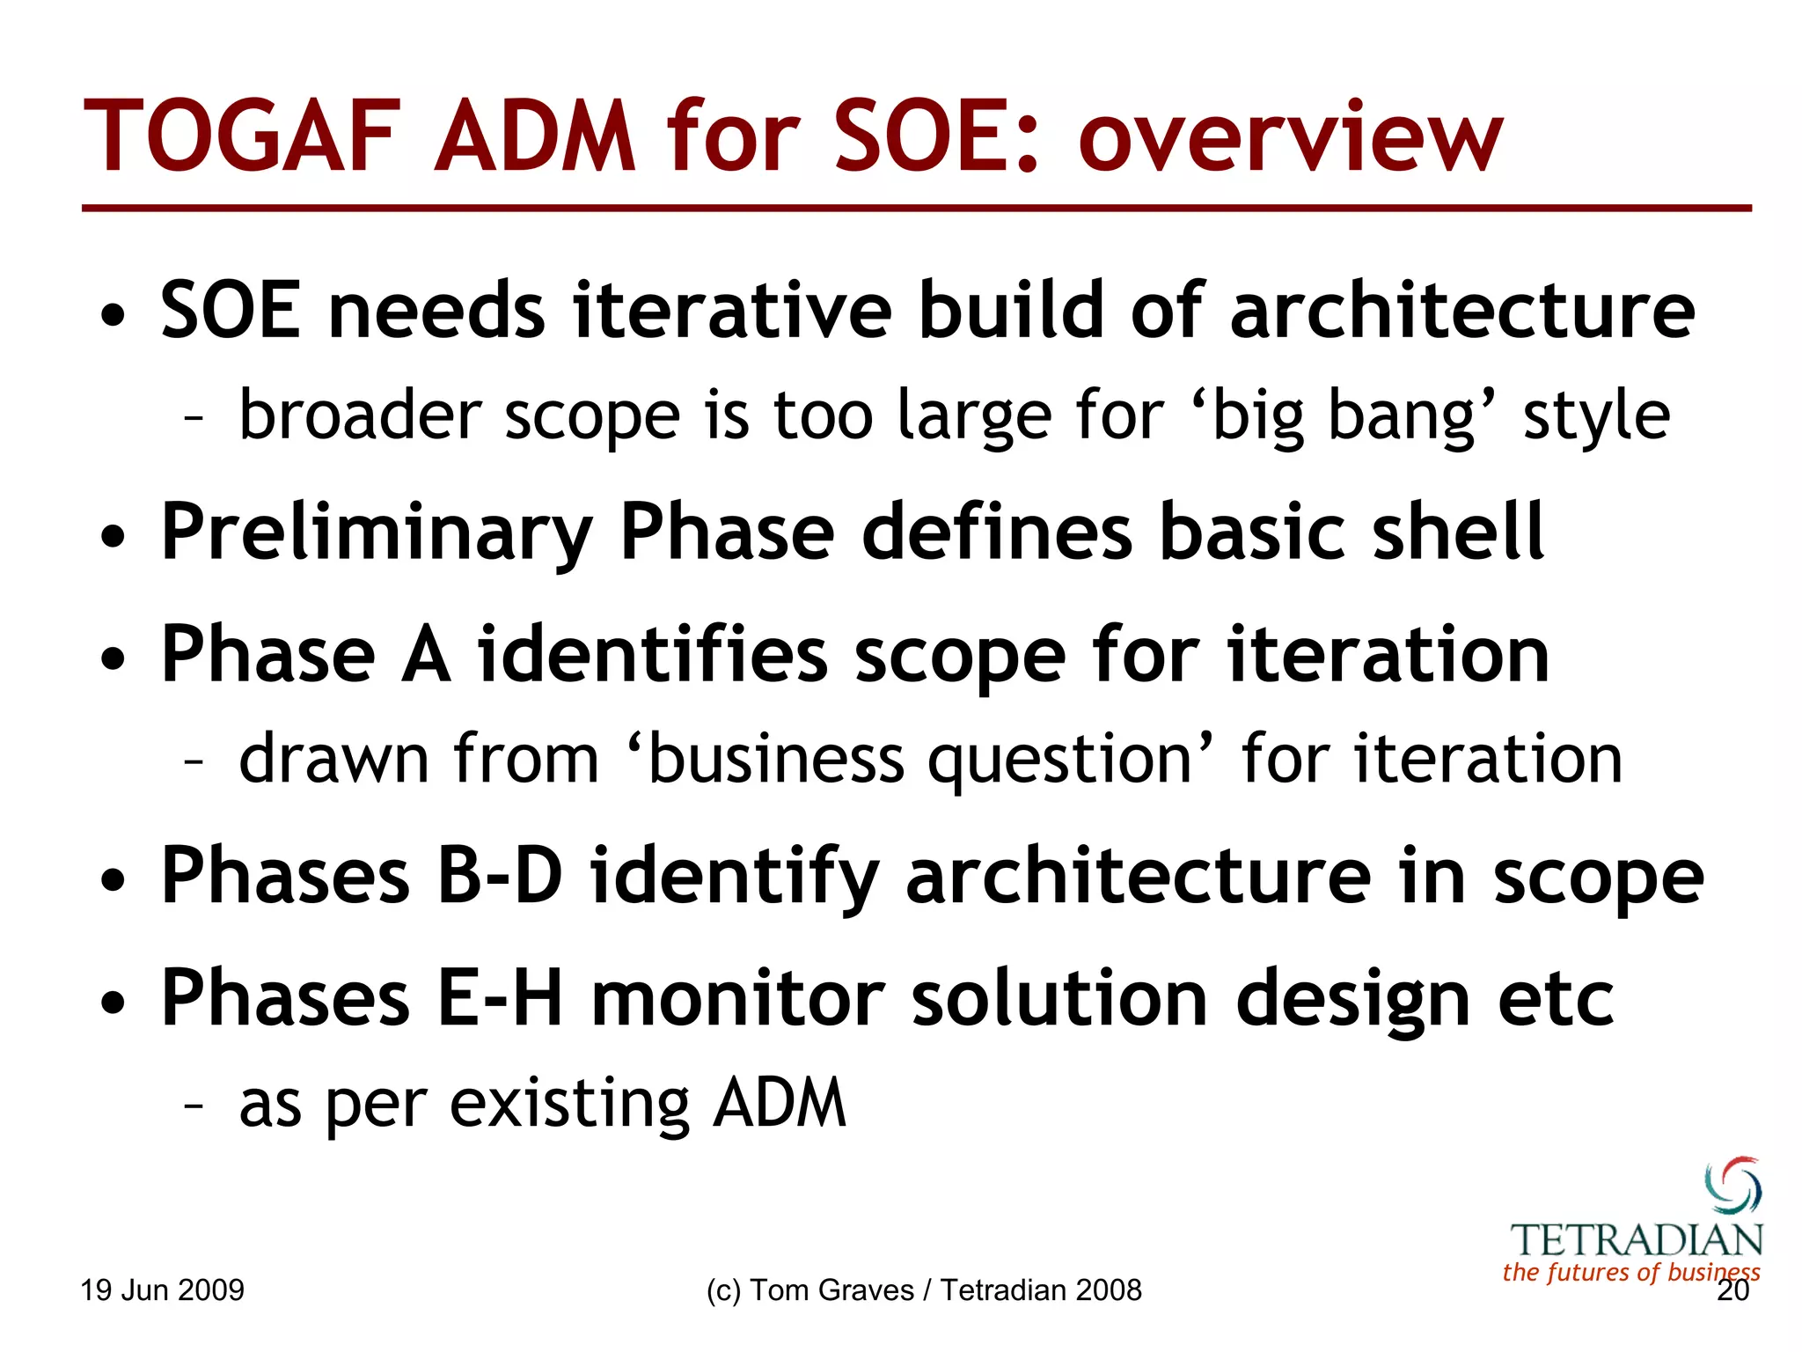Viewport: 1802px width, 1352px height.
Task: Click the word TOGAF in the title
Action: tap(242, 138)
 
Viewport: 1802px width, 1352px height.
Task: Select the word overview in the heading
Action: tap(1291, 138)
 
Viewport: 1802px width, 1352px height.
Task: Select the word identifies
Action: tap(652, 654)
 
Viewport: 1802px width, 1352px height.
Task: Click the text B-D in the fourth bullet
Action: tap(500, 875)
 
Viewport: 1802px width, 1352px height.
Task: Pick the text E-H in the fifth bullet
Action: tap(500, 997)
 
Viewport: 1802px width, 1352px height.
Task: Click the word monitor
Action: tap(737, 997)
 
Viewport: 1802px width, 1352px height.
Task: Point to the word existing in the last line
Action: tap(569, 1104)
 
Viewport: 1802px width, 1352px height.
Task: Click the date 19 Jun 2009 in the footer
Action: tap(163, 1290)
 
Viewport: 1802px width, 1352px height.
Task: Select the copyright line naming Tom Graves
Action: tap(923, 1290)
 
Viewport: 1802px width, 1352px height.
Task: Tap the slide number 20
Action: tap(1732, 1291)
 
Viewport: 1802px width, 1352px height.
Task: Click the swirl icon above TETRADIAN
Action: tap(1732, 1186)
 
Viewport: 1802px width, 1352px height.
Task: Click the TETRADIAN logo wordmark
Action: tap(1637, 1240)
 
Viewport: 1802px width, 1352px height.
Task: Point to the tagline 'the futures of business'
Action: tap(1630, 1272)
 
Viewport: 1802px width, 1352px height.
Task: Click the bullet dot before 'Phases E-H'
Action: tap(113, 1002)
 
